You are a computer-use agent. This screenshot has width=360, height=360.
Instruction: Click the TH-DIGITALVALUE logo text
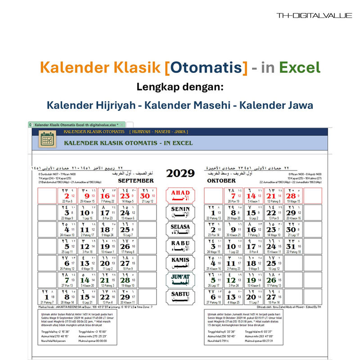(314, 16)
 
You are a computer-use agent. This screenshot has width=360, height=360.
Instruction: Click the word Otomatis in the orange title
(206, 67)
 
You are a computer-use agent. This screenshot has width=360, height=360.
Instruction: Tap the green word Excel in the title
(299, 67)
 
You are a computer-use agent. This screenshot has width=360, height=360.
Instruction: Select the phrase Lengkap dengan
(180, 86)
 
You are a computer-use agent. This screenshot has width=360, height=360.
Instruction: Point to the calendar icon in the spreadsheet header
(46, 139)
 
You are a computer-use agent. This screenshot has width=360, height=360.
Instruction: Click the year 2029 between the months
(180, 173)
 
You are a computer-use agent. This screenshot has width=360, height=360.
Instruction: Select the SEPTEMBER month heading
(136, 180)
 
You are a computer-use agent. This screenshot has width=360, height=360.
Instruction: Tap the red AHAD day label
(180, 195)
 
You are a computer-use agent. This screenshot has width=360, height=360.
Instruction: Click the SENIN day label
(180, 212)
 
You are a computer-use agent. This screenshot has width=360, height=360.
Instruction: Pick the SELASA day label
(180, 229)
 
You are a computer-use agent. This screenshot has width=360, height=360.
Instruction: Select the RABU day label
(180, 246)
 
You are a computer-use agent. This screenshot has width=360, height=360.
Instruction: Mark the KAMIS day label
(180, 263)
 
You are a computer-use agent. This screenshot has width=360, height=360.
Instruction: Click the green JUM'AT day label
(180, 280)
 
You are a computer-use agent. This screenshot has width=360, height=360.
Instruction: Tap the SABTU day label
(180, 297)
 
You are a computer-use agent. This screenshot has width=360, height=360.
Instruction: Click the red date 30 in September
(145, 196)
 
